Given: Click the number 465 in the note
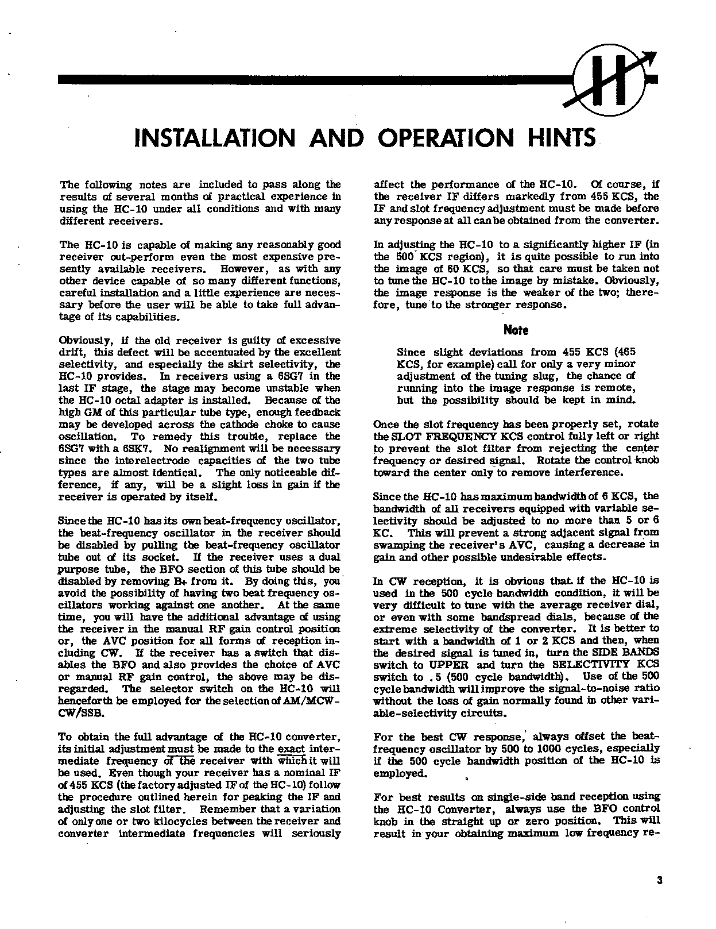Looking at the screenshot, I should point(625,352).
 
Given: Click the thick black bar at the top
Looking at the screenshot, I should point(316,80).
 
